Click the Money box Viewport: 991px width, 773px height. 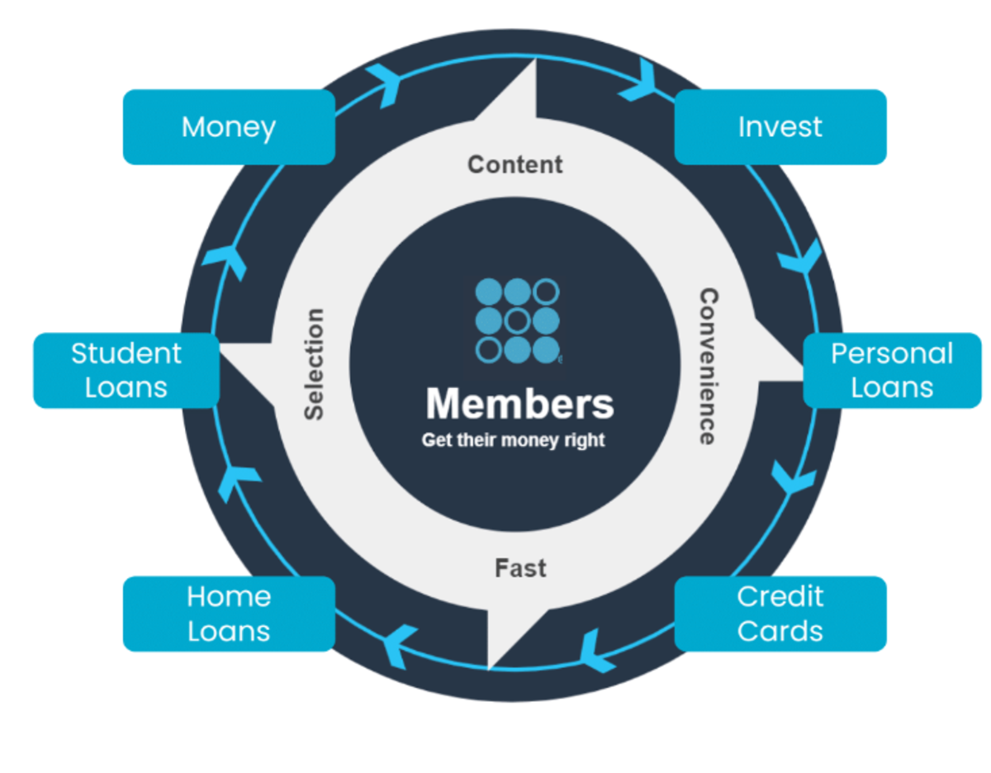tap(229, 127)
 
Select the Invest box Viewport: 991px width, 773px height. tap(780, 127)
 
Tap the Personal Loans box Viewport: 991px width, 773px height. tap(892, 370)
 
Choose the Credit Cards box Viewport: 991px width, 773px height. tap(780, 614)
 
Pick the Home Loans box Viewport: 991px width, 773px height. tap(229, 614)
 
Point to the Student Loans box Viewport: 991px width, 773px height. tap(126, 370)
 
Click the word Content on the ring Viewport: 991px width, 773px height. tap(515, 164)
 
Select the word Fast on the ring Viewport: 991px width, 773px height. tap(520, 568)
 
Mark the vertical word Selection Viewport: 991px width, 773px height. tap(314, 364)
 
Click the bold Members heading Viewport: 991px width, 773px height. tap(519, 405)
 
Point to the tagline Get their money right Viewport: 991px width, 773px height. tap(513, 440)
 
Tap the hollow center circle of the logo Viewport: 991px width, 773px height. tap(517, 320)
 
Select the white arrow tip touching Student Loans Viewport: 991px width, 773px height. tap(235, 355)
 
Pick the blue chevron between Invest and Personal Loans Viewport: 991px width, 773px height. tap(799, 256)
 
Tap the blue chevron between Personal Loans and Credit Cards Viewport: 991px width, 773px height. tap(793, 477)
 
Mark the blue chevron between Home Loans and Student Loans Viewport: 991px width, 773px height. tap(239, 481)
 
